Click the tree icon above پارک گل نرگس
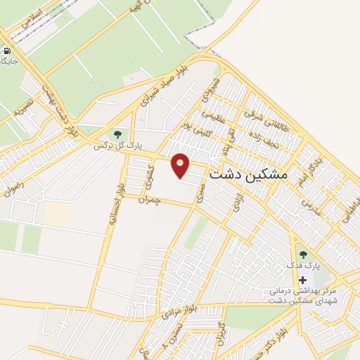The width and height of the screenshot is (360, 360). (117, 134)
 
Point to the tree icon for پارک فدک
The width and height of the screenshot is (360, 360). (302, 255)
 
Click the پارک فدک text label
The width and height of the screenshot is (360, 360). (302, 267)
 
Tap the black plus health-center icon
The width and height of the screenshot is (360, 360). (302, 280)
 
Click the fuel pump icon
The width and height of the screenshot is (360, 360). (6, 51)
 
